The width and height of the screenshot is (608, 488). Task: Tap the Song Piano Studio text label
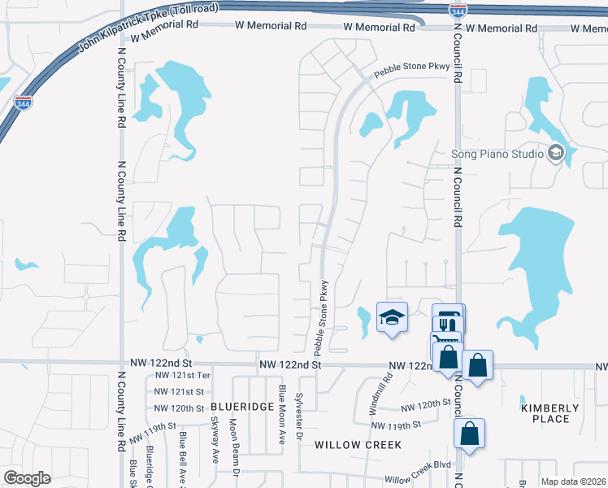(x=497, y=154)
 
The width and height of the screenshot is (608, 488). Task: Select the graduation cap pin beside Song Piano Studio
(x=557, y=152)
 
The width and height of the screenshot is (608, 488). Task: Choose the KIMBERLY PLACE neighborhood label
(x=550, y=413)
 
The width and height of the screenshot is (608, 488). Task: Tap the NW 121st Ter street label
(x=183, y=376)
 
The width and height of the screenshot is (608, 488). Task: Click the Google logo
(x=27, y=478)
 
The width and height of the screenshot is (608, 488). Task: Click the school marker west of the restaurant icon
(x=392, y=317)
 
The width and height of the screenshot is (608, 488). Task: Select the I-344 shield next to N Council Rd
(x=457, y=10)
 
